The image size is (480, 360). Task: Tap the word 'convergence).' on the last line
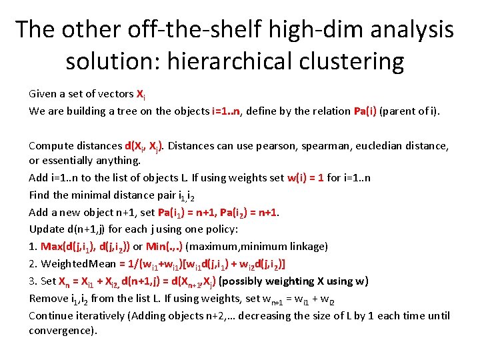click(63, 331)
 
